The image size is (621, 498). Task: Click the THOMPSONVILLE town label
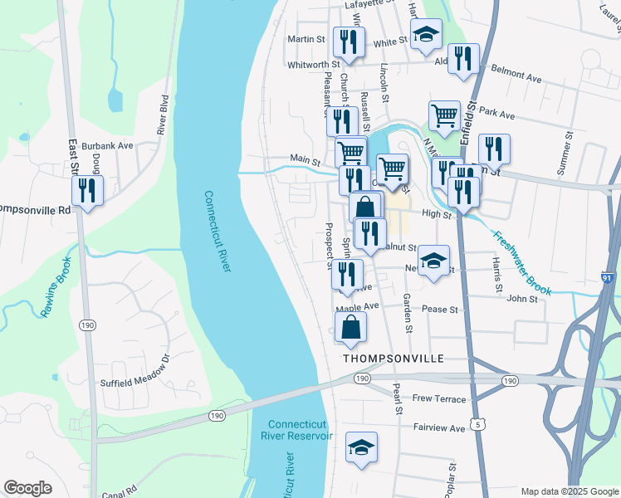coord(394,359)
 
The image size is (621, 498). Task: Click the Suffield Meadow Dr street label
coord(134,372)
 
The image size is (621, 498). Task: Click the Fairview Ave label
coord(439,428)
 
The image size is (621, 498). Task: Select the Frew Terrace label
coord(439,399)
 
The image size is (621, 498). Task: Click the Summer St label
coord(569,153)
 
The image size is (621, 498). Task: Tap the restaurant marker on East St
coord(86,191)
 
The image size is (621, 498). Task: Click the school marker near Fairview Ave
coord(361,447)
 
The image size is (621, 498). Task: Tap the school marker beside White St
coord(426,35)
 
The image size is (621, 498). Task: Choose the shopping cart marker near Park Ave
coord(444,115)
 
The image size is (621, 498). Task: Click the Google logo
coord(27,488)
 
